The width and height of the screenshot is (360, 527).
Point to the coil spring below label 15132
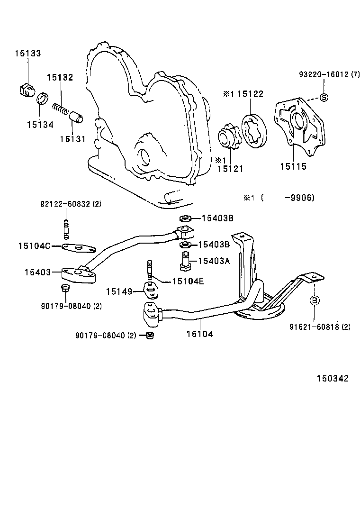pos(60,108)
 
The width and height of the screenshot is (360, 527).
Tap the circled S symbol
pos(324,98)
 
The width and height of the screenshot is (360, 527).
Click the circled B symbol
pos(315,300)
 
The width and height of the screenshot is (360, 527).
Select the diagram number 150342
pos(333,378)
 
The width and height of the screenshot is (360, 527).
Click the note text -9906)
pos(299,198)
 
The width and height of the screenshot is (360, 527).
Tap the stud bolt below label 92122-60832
pos(66,227)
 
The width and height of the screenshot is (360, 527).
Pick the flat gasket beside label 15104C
pos(79,247)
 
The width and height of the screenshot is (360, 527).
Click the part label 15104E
pos(188,281)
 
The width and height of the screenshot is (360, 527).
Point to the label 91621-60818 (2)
pos(320,327)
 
